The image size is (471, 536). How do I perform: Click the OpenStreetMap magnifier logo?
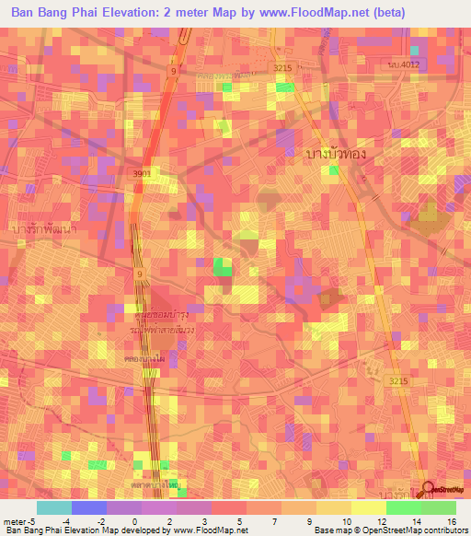tap(427, 490)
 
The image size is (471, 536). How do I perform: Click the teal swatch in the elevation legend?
tap(53, 507)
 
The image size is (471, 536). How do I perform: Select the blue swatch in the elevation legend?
tap(88, 507)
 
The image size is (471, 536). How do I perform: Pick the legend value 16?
tap(450, 521)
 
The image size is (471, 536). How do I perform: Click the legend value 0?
tap(135, 521)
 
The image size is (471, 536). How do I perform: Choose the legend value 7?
tap(275, 521)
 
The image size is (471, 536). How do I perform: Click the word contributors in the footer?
tap(443, 530)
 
